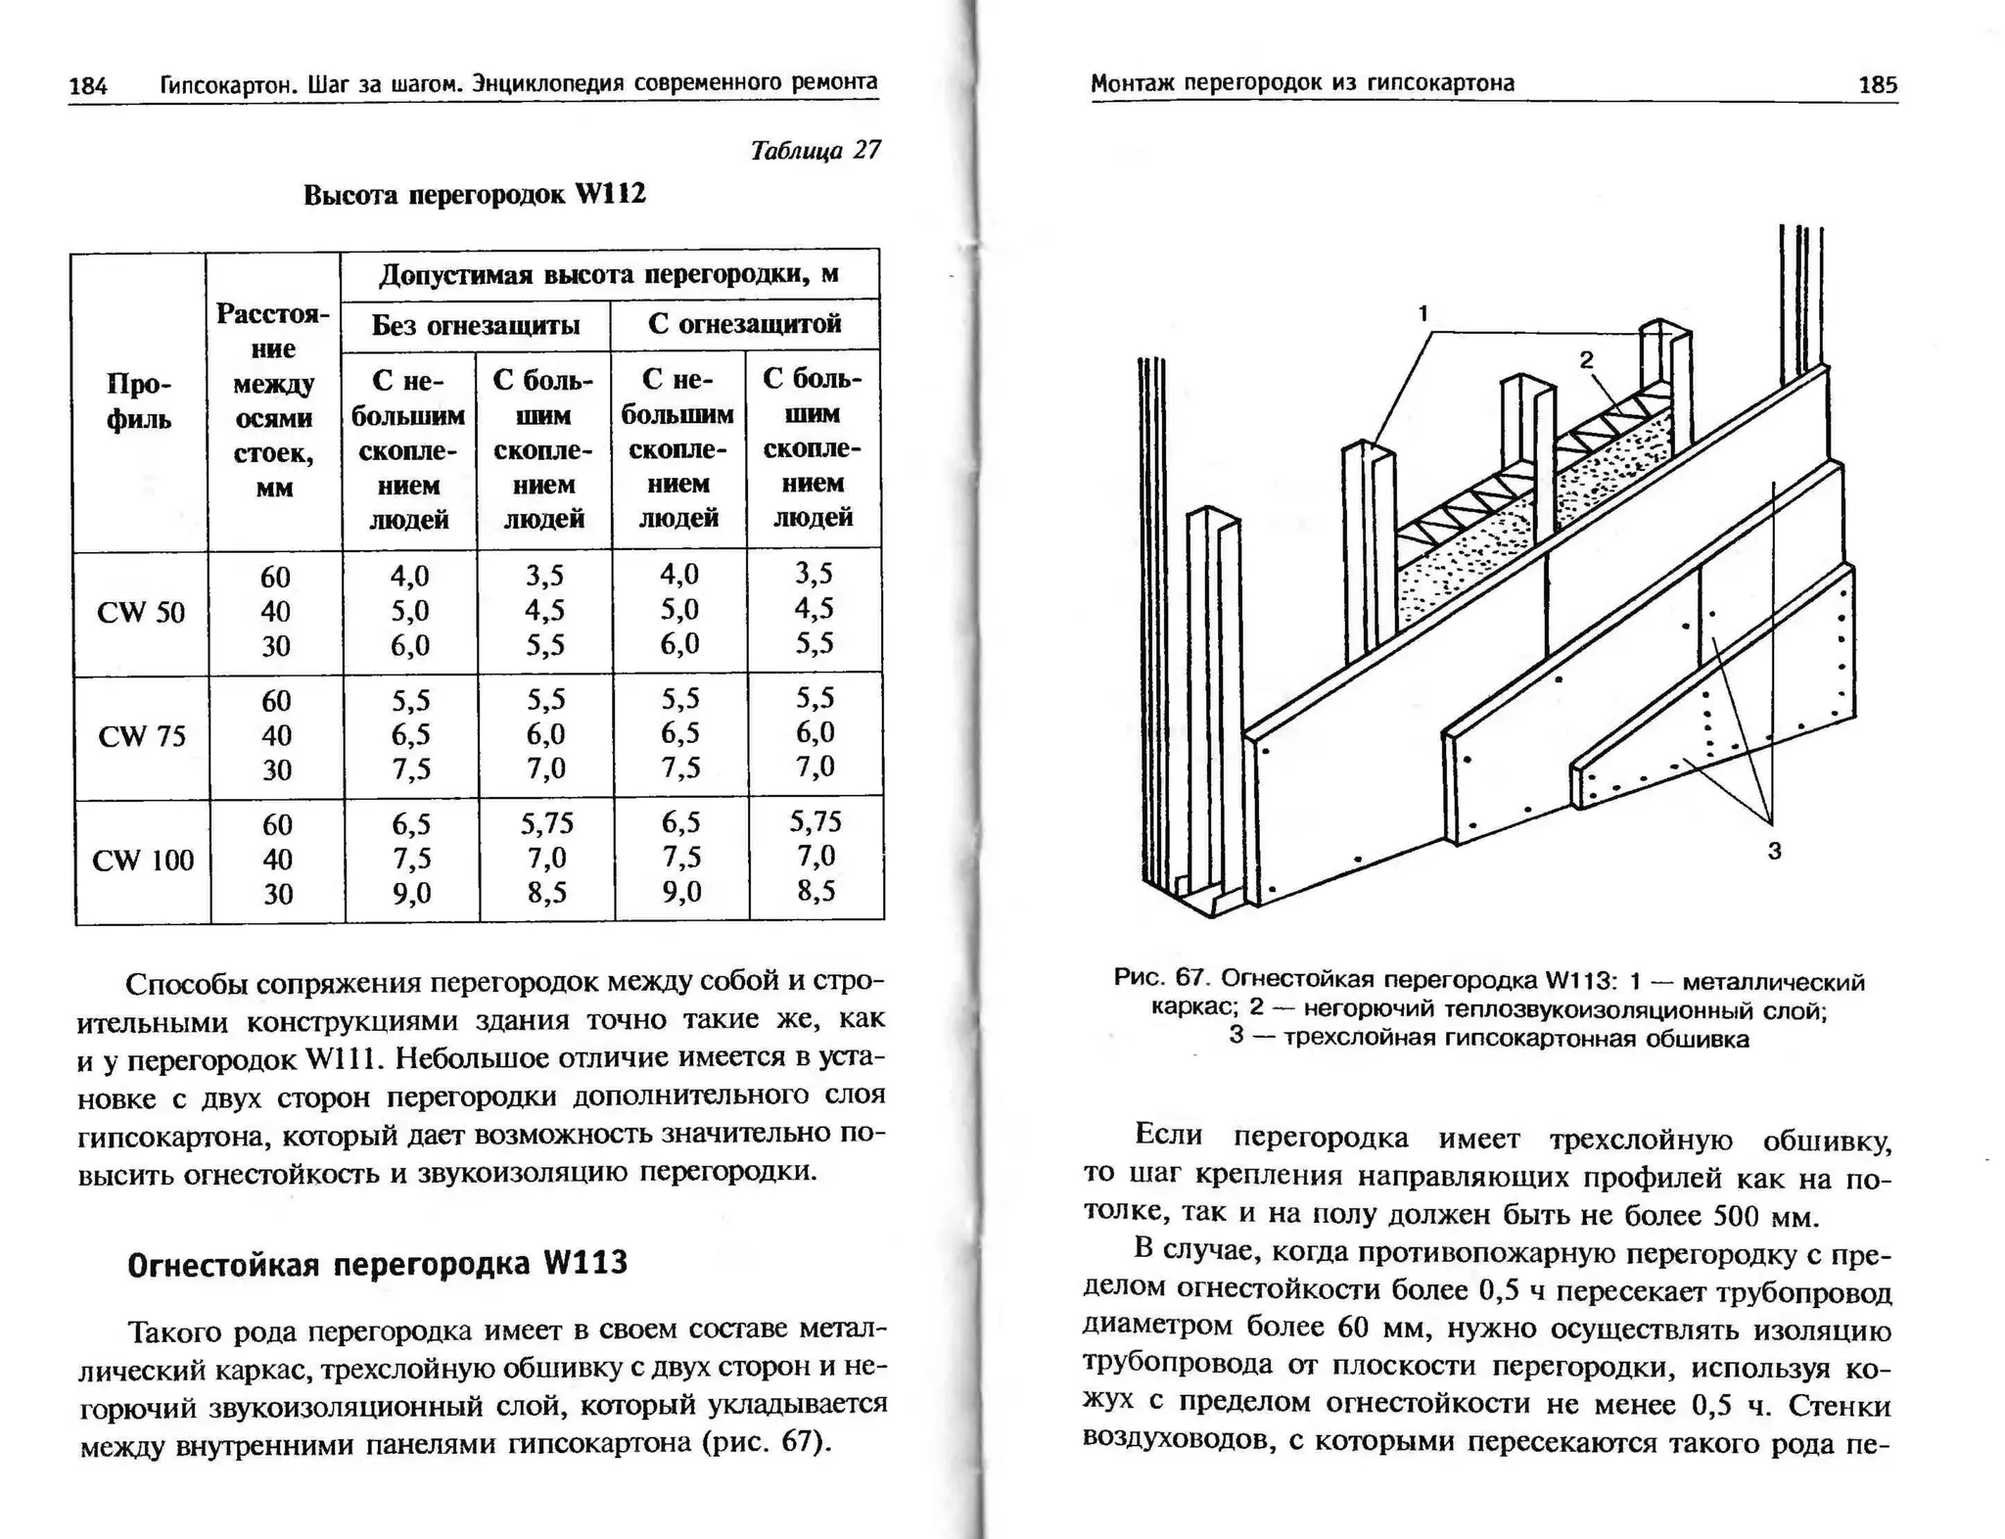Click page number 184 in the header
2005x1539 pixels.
tap(87, 86)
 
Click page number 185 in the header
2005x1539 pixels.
tap(1877, 85)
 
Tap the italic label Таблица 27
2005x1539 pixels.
tap(815, 150)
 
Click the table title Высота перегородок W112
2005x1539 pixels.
tap(475, 194)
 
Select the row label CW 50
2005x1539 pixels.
tap(141, 613)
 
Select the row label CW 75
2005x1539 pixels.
tap(142, 736)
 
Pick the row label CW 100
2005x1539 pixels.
tap(143, 861)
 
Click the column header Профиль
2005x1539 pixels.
tap(138, 402)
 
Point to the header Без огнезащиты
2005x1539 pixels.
tap(475, 325)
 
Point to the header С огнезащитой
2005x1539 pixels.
tap(744, 324)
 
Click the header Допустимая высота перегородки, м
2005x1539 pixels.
tap(609, 274)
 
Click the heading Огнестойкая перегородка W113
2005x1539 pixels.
tap(377, 1264)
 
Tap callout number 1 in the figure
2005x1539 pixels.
tap(1423, 313)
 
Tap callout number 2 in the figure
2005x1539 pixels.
tap(1586, 360)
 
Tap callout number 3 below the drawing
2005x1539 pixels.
tap(1774, 852)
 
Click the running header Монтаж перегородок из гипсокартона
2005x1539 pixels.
tap(1302, 83)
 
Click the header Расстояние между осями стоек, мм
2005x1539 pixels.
tap(273, 400)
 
